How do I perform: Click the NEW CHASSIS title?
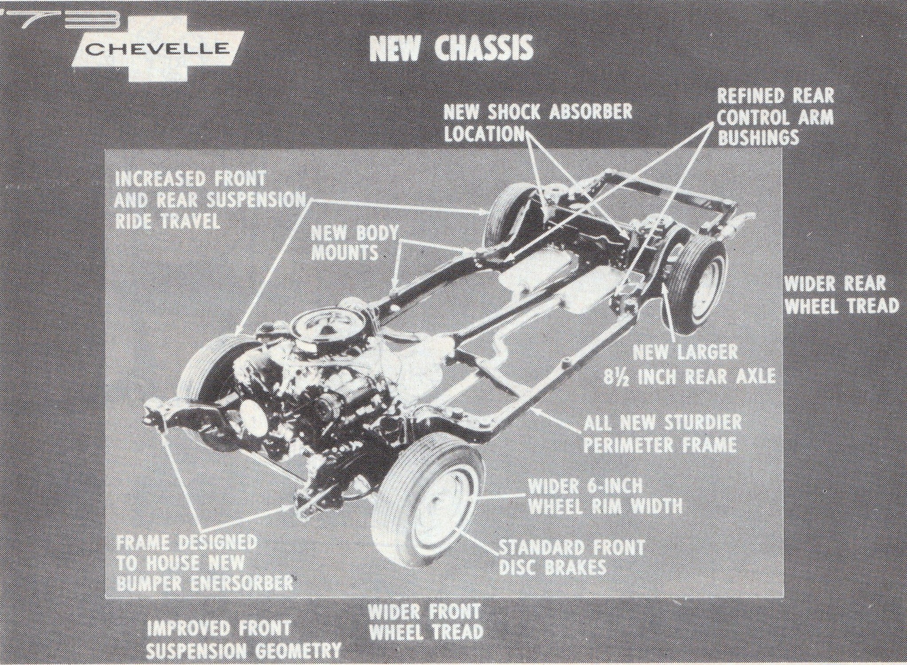point(451,48)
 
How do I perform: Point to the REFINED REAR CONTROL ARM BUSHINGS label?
point(775,117)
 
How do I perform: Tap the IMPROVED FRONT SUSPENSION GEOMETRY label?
point(244,639)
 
